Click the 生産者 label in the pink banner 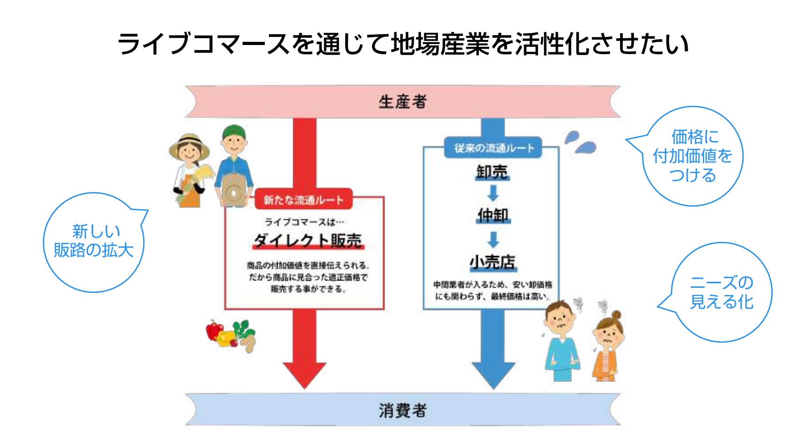402,101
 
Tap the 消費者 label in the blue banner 402,411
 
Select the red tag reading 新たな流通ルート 303,200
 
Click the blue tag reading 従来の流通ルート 494,148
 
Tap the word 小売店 493,262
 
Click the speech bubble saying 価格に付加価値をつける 692,156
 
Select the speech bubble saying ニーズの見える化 721,292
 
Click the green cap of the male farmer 234,131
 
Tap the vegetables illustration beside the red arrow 231,336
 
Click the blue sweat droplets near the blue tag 580,142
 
